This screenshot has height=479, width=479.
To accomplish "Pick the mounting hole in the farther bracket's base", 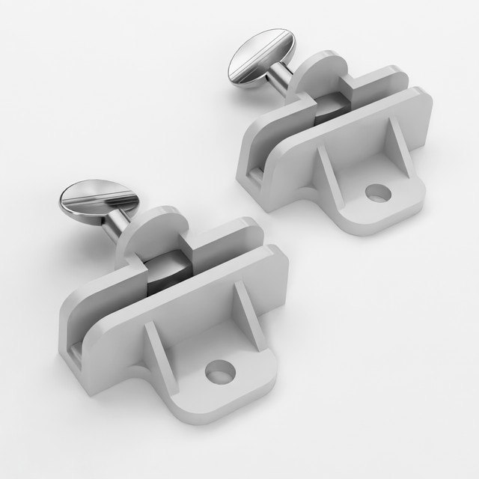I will pos(378,195).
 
